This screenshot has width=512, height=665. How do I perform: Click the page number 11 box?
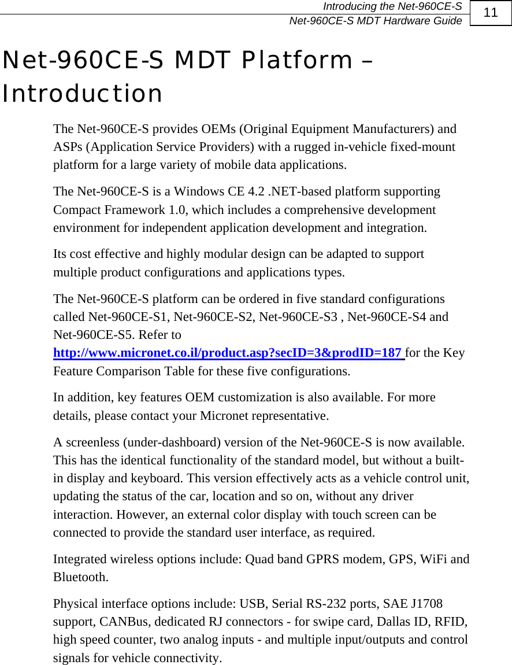(491, 13)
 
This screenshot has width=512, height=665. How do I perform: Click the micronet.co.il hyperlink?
(228, 353)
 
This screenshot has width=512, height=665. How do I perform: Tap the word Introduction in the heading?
(82, 94)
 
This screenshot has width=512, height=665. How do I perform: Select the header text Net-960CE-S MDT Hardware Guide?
(375, 21)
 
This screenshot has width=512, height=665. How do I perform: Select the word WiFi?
(433, 559)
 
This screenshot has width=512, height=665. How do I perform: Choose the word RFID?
(450, 622)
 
